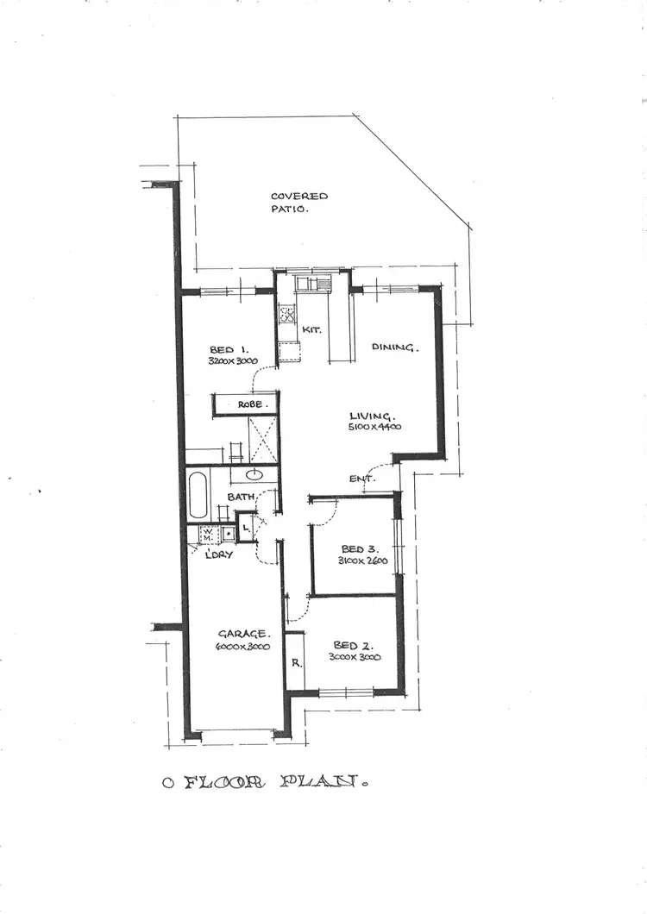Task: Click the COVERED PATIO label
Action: (x=298, y=203)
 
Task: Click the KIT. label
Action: (x=311, y=329)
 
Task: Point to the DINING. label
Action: (x=394, y=347)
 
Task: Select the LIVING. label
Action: (x=372, y=416)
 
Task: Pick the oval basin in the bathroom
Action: (x=254, y=474)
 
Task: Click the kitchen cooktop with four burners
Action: (x=287, y=311)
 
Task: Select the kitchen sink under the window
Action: (x=312, y=282)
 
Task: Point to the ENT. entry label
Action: (x=361, y=479)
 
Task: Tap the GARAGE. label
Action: (x=236, y=634)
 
